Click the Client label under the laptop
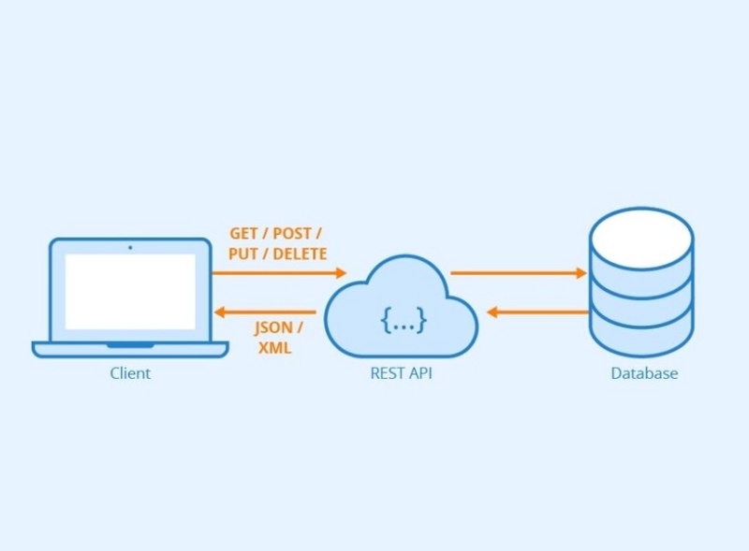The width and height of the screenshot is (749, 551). tap(130, 373)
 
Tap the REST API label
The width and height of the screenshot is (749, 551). tap(402, 373)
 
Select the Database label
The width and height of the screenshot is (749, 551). tap(644, 373)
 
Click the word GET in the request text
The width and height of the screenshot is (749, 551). tap(244, 233)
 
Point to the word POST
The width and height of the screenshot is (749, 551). tap(292, 233)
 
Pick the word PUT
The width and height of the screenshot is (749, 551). tap(243, 254)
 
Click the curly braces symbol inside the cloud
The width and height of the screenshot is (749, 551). tap(404, 320)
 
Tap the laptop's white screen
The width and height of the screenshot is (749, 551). tap(130, 291)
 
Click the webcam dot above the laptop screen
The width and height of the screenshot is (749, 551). tap(130, 247)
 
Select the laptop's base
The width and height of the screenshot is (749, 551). tap(130, 349)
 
